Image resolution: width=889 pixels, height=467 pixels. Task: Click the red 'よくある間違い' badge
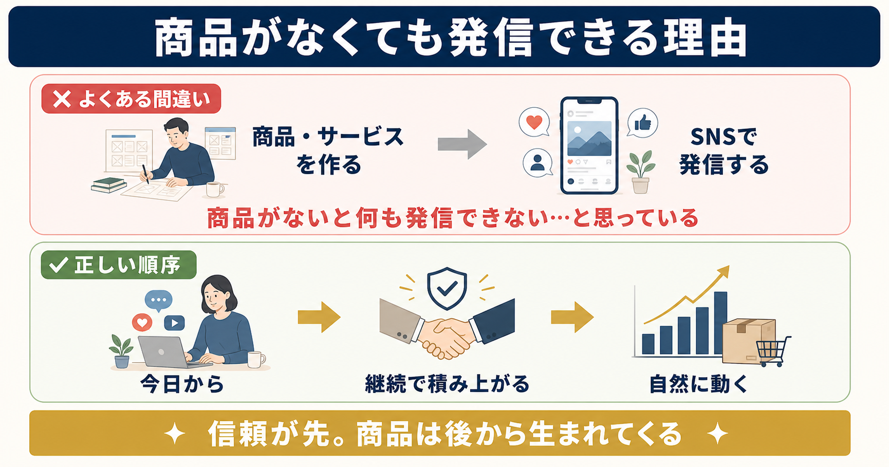[131, 99]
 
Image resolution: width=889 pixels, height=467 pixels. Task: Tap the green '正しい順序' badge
[119, 265]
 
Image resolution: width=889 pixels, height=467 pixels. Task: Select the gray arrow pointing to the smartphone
[462, 144]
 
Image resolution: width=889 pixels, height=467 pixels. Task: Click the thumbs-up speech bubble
[642, 123]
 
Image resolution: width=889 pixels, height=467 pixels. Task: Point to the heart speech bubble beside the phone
[534, 122]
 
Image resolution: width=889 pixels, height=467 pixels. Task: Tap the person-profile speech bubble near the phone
[538, 162]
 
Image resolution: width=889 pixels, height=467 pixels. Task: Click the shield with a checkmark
[447, 288]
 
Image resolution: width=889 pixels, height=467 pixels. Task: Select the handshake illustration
[447, 329]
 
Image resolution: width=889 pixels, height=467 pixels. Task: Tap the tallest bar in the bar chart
[720, 323]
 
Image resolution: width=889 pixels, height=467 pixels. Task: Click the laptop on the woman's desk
[165, 352]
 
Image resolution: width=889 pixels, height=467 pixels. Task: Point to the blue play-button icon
[174, 323]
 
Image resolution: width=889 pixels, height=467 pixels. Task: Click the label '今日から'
[182, 384]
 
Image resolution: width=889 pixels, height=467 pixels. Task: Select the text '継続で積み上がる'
[447, 384]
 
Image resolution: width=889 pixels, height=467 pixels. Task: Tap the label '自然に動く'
[698, 384]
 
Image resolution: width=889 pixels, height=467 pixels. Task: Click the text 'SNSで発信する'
[724, 151]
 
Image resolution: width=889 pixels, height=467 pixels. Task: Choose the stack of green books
[108, 185]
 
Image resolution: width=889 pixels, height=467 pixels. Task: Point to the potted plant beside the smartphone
[640, 172]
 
